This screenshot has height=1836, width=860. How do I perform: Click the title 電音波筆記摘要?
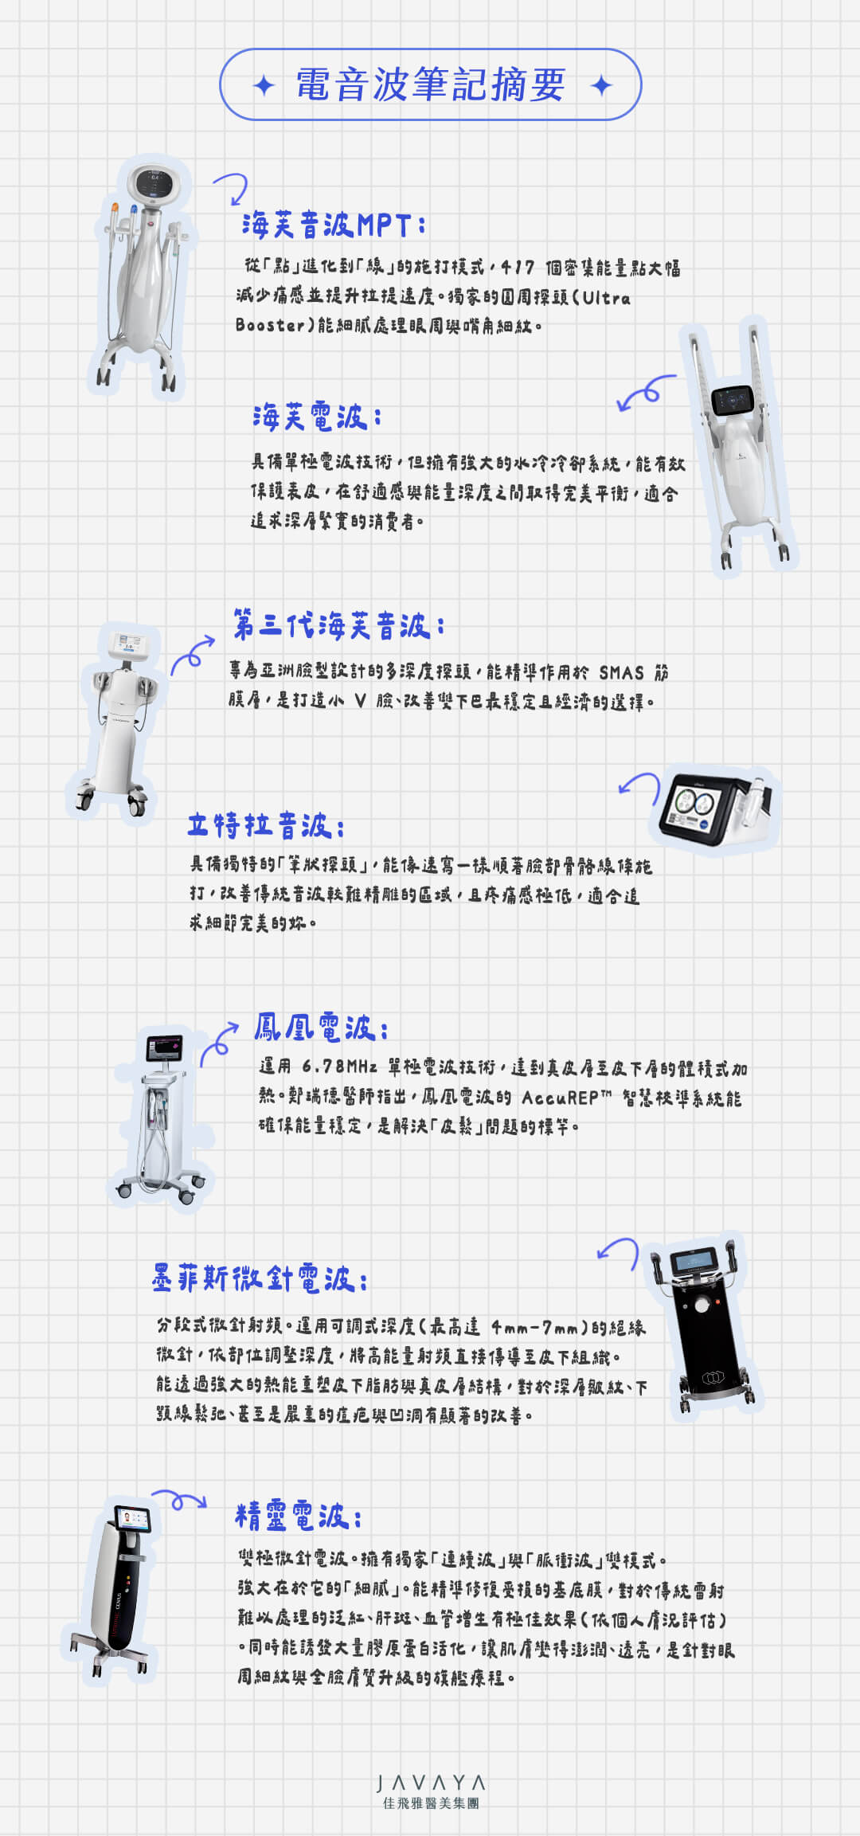coord(431,84)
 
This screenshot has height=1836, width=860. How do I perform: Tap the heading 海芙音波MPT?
coord(333,225)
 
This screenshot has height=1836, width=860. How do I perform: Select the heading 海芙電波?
coord(317,417)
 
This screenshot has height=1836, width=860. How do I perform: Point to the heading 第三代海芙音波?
coord(338,625)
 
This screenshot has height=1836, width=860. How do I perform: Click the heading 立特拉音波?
coord(266,825)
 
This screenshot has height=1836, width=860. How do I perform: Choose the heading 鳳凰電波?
coord(321,1028)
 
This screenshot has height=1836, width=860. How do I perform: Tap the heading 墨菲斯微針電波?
coord(260,1278)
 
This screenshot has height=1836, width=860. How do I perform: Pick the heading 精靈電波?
coord(299,1516)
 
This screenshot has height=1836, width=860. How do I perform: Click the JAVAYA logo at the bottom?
coord(431,1791)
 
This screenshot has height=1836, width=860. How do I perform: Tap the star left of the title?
coord(264,85)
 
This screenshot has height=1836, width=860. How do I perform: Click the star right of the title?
coord(602,85)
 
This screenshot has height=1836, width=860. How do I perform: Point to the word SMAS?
coord(621,673)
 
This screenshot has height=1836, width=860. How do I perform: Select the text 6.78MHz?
coord(339,1067)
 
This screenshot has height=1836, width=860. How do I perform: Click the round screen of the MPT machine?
coord(151,184)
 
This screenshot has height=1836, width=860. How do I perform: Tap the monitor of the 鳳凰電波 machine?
coord(164,1047)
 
